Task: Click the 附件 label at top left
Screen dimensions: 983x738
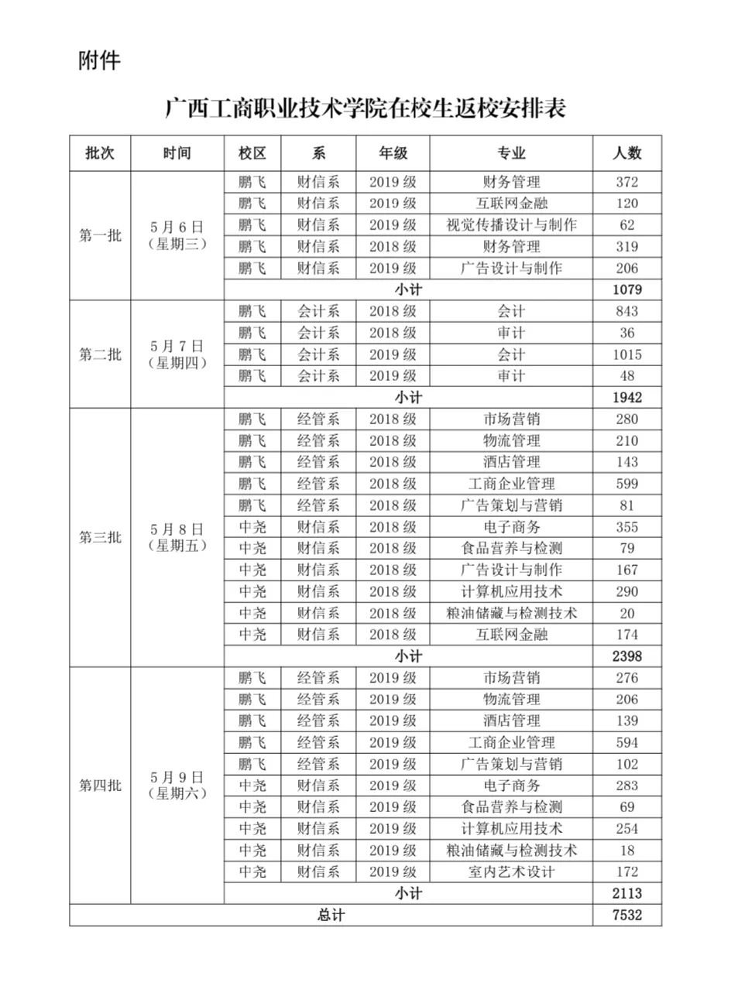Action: [100, 61]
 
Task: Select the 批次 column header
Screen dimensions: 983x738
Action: [100, 153]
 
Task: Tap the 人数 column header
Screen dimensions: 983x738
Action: [626, 153]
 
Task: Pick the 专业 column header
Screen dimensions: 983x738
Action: [511, 153]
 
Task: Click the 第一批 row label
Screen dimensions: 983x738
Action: [100, 236]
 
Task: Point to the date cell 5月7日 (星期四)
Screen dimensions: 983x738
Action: [177, 354]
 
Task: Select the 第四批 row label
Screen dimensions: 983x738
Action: [100, 786]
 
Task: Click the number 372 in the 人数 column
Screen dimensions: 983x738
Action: [626, 182]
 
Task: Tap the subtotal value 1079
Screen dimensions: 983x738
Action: [626, 290]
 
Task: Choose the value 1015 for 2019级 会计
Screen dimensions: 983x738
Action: [626, 354]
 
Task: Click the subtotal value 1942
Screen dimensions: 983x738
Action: [626, 398]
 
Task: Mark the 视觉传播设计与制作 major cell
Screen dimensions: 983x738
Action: [511, 225]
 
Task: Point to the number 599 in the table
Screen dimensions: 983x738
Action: [626, 484]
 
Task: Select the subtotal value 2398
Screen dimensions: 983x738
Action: [626, 656]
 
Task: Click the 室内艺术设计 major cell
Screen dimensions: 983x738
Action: [511, 872]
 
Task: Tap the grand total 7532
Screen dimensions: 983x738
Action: [626, 915]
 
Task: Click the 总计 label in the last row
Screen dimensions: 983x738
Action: [331, 915]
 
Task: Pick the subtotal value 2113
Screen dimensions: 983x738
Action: [626, 893]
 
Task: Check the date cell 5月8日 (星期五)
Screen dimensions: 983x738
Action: [177, 537]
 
